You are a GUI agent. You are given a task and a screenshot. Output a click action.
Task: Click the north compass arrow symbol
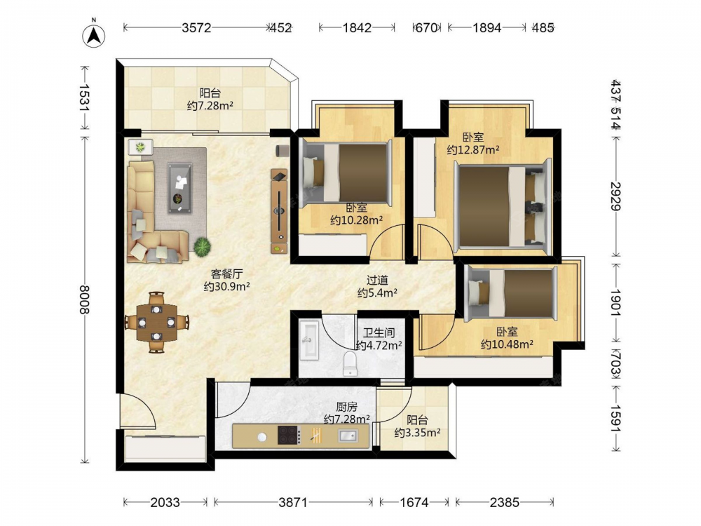[94, 34]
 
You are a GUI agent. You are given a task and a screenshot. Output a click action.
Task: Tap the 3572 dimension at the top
[196, 28]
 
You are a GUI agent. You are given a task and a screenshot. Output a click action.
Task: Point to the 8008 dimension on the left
[85, 299]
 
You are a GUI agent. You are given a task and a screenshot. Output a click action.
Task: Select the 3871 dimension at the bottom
[293, 502]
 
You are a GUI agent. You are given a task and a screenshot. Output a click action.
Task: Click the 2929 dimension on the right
[615, 196]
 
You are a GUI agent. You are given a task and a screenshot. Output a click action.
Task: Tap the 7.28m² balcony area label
[210, 106]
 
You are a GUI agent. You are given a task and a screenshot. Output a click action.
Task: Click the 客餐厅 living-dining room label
[226, 274]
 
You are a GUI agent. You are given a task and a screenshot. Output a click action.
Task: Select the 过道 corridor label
[377, 281]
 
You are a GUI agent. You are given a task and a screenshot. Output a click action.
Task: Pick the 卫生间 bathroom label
[379, 332]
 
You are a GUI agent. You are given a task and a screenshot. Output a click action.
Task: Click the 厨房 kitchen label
[346, 407]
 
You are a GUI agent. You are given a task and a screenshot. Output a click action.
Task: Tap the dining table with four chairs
[156, 322]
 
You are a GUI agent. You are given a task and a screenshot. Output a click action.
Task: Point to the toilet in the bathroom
[350, 363]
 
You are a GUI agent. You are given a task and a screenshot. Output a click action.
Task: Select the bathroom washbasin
[309, 340]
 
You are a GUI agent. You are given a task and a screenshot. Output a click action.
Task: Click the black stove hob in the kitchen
[289, 435]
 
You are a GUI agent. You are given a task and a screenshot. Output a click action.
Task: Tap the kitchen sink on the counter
[348, 435]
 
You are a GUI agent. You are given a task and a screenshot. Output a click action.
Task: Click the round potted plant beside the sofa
[202, 246]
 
